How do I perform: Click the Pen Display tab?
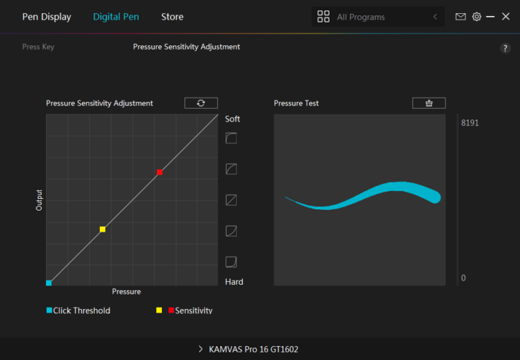coord(47,17)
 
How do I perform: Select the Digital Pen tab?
coord(116,17)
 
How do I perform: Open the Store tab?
coord(172,17)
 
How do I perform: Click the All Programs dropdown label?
coord(361,17)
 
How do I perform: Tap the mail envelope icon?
coord(460,17)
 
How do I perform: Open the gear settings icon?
coord(477,17)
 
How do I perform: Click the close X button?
coord(505,17)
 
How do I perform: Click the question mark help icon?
coord(505,48)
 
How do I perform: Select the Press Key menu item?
coord(38,47)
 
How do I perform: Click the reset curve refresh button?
coord(201,103)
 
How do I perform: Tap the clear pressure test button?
coord(429,103)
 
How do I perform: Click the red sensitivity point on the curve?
coord(160,172)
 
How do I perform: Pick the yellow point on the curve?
coord(103,229)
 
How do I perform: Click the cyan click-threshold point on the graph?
coord(49,283)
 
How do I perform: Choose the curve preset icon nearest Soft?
coord(231,138)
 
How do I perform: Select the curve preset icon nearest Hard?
coord(231,262)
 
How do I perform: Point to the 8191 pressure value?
coord(470,123)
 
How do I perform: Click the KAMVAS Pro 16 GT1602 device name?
coord(253,350)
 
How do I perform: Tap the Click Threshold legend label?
coord(82,310)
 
